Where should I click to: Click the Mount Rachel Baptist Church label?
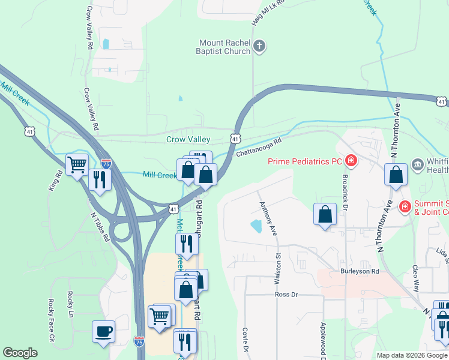(224, 47)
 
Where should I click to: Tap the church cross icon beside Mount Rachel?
(259, 46)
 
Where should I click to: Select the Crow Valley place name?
(188, 139)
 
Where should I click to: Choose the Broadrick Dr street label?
(345, 188)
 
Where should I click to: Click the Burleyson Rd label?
(360, 271)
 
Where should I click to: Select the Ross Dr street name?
(286, 295)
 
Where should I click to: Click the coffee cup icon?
(103, 331)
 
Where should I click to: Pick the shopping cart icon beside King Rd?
(77, 164)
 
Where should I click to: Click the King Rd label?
(55, 182)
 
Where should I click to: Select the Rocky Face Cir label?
(52, 329)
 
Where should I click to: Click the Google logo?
(20, 353)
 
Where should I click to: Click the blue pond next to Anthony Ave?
(256, 226)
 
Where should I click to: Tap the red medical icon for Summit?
(405, 207)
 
